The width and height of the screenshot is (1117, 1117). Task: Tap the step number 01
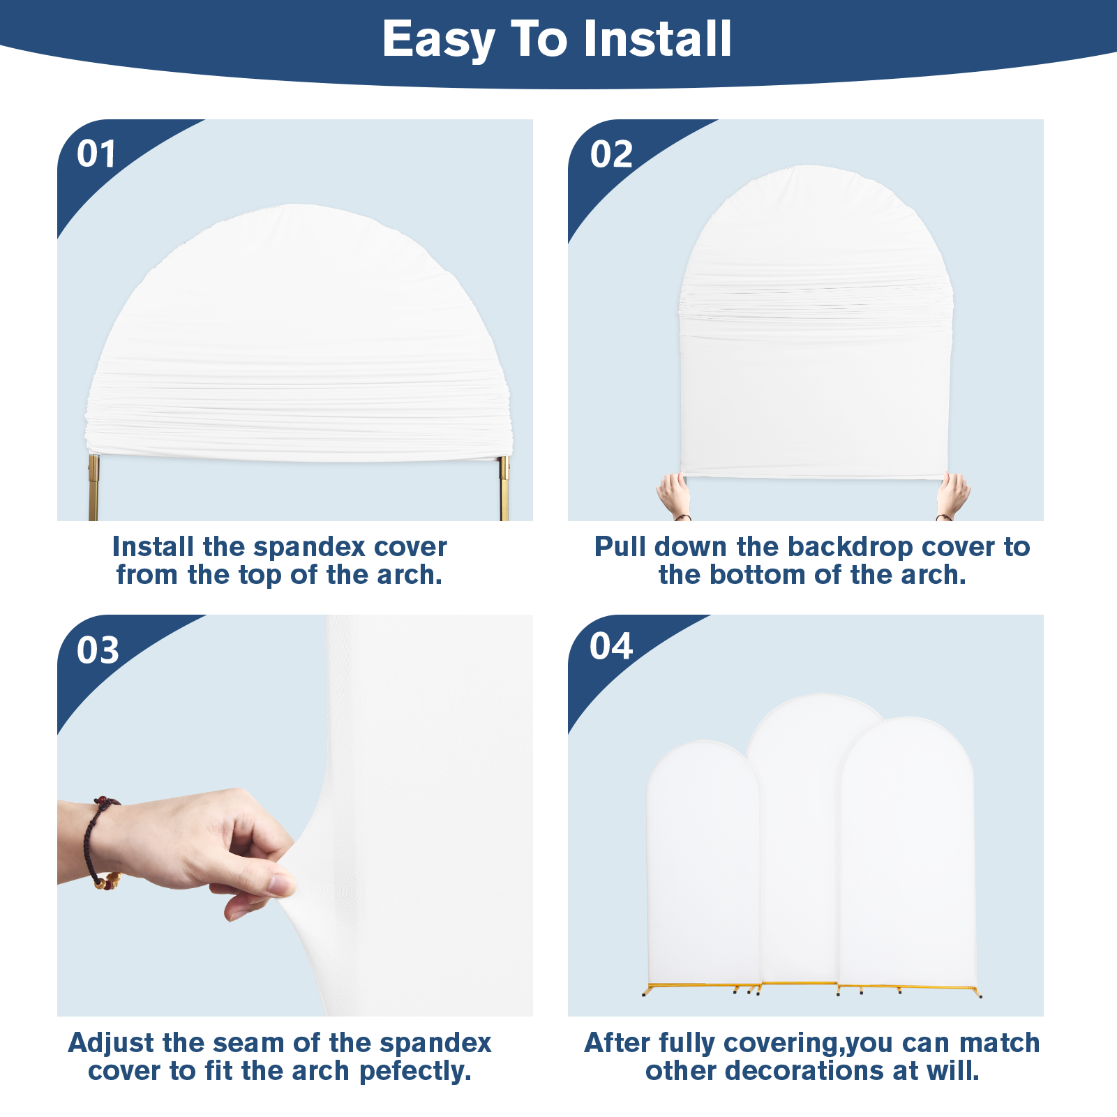click(96, 154)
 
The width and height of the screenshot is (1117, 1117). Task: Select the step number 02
click(611, 154)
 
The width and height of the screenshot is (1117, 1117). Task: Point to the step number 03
click(98, 650)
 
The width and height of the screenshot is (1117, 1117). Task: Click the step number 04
click(611, 646)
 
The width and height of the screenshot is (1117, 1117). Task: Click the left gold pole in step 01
click(93, 488)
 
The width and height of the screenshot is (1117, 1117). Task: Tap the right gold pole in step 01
click(504, 488)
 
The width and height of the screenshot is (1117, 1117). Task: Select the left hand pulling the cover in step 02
click(674, 496)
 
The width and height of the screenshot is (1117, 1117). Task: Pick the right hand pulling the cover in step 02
click(952, 496)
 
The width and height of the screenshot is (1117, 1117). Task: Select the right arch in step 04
click(907, 851)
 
